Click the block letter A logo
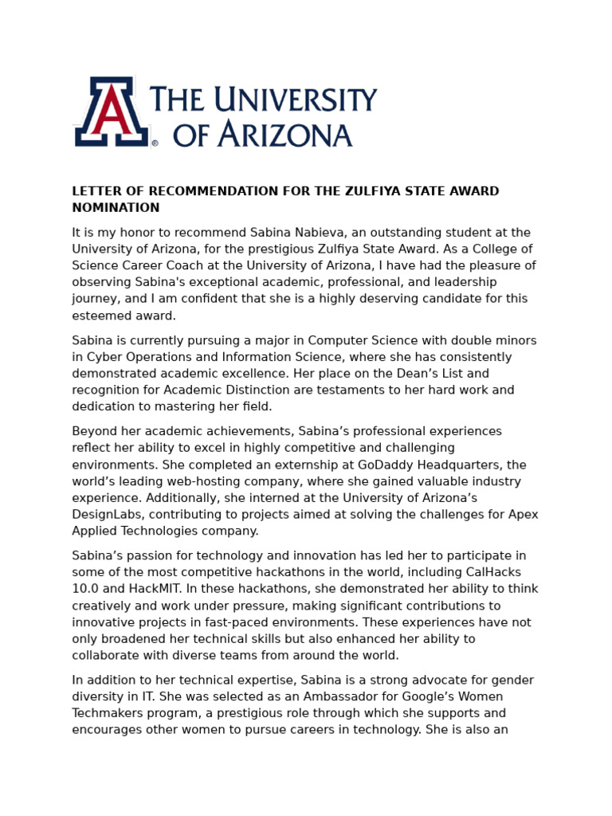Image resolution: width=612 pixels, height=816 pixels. point(112,112)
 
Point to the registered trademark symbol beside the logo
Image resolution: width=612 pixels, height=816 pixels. point(155,144)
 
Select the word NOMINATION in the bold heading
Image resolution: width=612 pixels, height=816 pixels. point(116,208)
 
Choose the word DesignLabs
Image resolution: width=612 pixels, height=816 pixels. point(108,515)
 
